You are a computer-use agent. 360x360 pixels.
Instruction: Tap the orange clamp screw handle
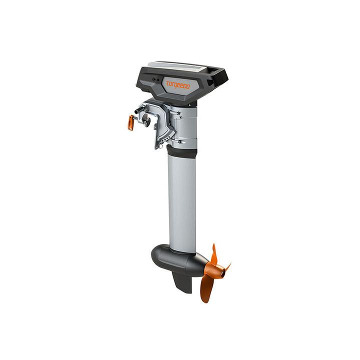(131, 121)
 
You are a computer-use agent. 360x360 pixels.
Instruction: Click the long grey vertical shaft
(182, 200)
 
